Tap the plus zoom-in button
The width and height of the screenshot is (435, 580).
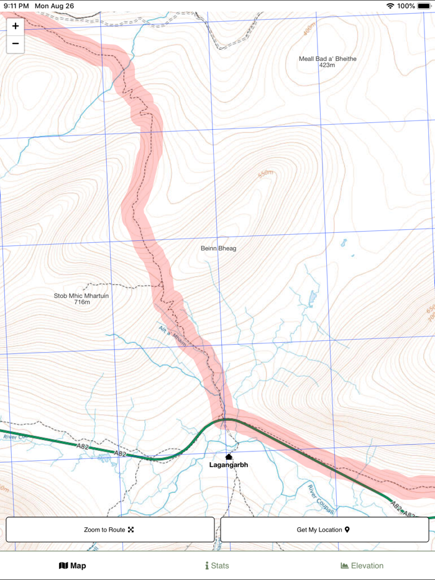coord(16,26)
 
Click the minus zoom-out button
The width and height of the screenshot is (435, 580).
coord(16,44)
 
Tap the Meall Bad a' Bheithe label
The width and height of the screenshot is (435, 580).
coord(327,59)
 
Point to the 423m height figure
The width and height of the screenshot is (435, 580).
coord(327,65)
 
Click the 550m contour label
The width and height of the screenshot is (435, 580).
coord(265,173)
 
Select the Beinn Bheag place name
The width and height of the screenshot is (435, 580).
coord(218,248)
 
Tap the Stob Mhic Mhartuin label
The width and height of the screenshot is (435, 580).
coord(81,296)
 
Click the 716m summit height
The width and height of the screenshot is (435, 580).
coord(82,302)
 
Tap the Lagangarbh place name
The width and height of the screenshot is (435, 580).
coord(228,464)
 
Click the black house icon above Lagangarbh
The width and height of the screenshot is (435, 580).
coord(229,457)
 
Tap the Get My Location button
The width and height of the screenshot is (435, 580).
coord(324,530)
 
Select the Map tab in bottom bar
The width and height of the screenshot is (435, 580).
coord(72,566)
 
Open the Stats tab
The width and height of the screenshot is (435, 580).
coord(217,566)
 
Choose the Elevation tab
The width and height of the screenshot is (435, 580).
coord(362,566)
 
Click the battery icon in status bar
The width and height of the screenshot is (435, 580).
coord(424,6)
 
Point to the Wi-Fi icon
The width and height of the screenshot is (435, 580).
coord(390,6)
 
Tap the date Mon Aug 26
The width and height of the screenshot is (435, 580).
coord(54,6)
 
